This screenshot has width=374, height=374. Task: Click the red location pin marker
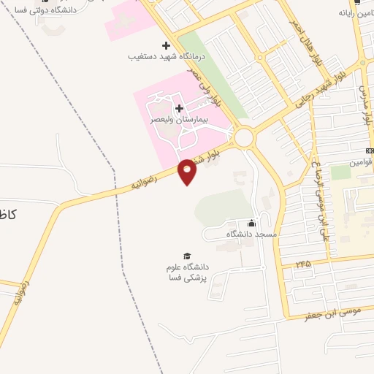[x=187, y=172]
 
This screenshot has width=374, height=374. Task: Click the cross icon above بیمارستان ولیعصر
[x=179, y=108]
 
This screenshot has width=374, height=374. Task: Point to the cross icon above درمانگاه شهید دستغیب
[x=166, y=45]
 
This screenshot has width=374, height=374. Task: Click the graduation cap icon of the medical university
[x=187, y=256]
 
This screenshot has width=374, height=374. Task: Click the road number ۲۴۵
[x=303, y=262]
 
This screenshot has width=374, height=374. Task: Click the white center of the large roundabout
[x=243, y=137]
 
